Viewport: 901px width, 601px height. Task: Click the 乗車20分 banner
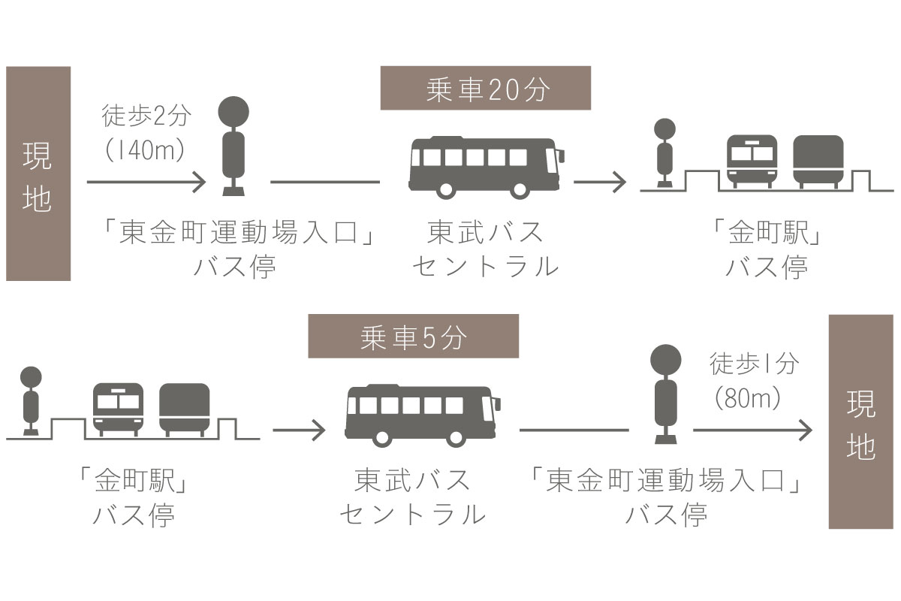coord(486,88)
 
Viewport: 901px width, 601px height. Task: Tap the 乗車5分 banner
coord(414,336)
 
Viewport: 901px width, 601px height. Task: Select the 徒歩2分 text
coord(146,116)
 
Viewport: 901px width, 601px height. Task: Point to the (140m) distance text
coord(145,149)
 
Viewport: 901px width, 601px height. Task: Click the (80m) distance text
coord(748,398)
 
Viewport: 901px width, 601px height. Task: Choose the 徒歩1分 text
coord(754,363)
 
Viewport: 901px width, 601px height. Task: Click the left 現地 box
coord(38,174)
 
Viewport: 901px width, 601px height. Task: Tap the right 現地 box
coord(860,422)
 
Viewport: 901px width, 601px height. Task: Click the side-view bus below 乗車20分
coord(487,168)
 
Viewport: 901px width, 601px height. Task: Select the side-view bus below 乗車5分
coord(423,416)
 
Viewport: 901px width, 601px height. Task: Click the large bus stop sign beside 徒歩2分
coord(234,146)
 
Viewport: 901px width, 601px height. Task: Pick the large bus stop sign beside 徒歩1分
coord(666,394)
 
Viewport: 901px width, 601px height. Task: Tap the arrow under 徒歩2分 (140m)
coord(146,182)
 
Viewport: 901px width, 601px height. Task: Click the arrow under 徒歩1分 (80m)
coord(752,430)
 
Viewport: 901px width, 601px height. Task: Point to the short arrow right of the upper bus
coord(600,182)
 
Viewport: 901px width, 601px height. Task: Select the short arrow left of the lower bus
coord(299,430)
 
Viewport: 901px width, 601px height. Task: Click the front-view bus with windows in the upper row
coord(752,162)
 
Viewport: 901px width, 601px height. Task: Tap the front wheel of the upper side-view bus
coord(520,189)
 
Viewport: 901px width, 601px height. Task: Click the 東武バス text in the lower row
coord(412,480)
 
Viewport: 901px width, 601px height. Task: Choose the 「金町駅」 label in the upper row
coord(767,232)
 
